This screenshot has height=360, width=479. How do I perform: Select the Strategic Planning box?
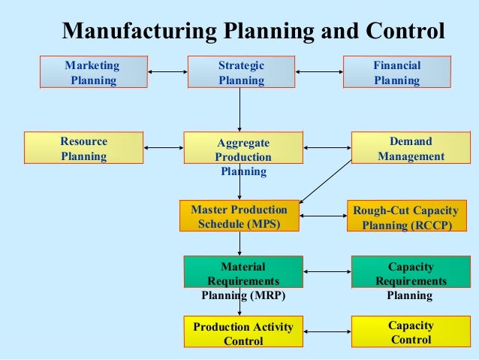[241, 72]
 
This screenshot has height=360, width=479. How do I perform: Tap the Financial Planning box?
[396, 72]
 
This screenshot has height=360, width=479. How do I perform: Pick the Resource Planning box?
[83, 148]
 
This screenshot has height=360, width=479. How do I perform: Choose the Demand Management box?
[411, 149]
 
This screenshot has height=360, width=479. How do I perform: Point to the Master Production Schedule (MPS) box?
[239, 216]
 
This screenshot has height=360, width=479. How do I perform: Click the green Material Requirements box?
[243, 273]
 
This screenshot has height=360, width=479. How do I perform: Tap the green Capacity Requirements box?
[411, 273]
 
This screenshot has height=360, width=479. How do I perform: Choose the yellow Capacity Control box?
[411, 332]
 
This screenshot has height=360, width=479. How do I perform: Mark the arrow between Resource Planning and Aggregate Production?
[163, 148]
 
